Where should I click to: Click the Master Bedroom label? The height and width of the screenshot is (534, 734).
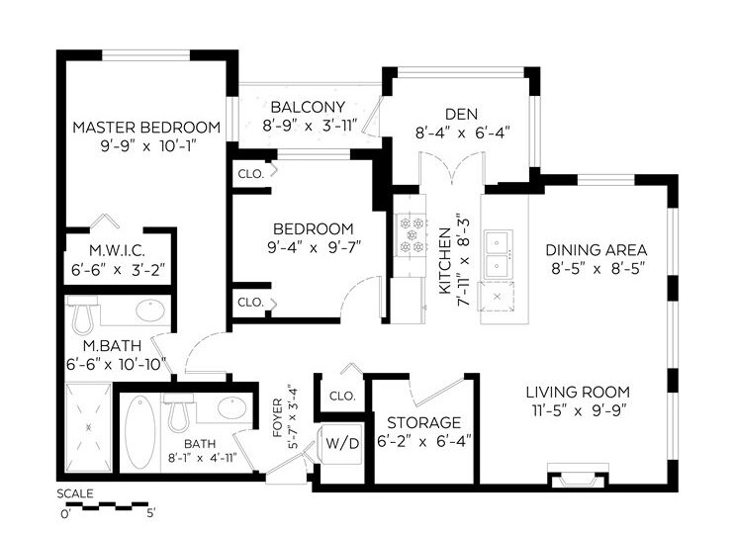pos(146,128)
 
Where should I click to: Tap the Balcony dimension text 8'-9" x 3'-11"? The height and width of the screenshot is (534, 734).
pos(310,126)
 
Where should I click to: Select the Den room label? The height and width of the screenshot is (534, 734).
pos(462,114)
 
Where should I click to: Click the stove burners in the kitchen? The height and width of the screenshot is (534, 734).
pos(412,234)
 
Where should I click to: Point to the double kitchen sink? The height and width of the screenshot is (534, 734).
pos(499,254)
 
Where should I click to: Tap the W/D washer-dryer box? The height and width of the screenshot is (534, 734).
pos(342,443)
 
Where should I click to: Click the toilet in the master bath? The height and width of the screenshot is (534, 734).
pos(83,314)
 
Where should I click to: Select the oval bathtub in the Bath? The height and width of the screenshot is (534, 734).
pos(139,432)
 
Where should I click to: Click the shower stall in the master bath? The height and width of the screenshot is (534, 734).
pos(88,427)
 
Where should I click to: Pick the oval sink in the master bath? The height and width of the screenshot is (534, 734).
pos(150,311)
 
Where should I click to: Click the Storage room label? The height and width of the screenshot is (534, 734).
pos(423,422)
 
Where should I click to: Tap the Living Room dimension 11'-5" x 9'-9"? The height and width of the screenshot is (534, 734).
pos(579,410)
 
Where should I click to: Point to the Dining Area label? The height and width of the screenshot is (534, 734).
pos(596,249)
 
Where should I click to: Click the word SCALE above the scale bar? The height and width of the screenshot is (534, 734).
pos(75,493)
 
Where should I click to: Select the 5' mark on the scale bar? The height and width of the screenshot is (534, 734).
pos(150,513)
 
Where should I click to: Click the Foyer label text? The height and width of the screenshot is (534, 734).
pos(278,418)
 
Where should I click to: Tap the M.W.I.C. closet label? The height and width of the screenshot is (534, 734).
pos(117,251)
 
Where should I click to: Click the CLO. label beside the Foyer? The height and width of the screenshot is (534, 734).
pos(342,396)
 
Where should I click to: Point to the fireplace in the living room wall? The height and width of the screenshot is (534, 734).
pos(578,476)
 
